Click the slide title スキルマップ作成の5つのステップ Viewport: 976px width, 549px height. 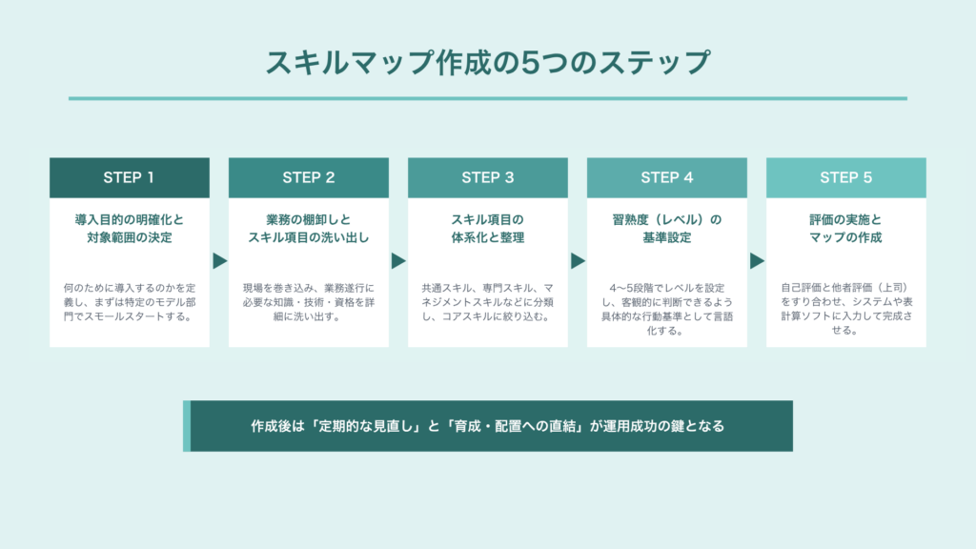[x=487, y=62]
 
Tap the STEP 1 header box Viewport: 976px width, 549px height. [x=130, y=177]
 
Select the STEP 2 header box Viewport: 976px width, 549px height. [x=309, y=177]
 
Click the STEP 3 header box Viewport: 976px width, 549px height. [x=488, y=177]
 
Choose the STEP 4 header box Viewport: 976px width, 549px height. [x=666, y=177]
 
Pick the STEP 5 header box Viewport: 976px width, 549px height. [x=846, y=177]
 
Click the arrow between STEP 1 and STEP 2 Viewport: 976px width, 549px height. [x=219, y=261]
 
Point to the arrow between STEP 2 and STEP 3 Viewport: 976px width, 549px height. [x=398, y=261]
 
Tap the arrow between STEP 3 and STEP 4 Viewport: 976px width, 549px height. [x=578, y=261]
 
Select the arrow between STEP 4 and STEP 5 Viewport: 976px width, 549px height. [x=757, y=261]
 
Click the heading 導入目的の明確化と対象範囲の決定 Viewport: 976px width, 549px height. [x=130, y=229]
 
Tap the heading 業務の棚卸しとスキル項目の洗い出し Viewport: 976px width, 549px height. [x=309, y=229]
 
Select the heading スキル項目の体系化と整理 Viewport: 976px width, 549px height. [x=488, y=229]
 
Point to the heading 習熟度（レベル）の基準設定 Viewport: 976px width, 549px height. [x=666, y=229]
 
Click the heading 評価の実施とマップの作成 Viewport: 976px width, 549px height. [x=846, y=229]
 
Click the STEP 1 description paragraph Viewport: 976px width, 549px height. [x=130, y=302]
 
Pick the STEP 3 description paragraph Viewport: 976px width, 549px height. [x=488, y=302]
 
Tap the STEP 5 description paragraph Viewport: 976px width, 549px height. [x=846, y=309]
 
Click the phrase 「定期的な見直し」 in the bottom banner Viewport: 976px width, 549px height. [x=366, y=426]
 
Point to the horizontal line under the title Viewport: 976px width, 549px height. [x=488, y=98]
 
